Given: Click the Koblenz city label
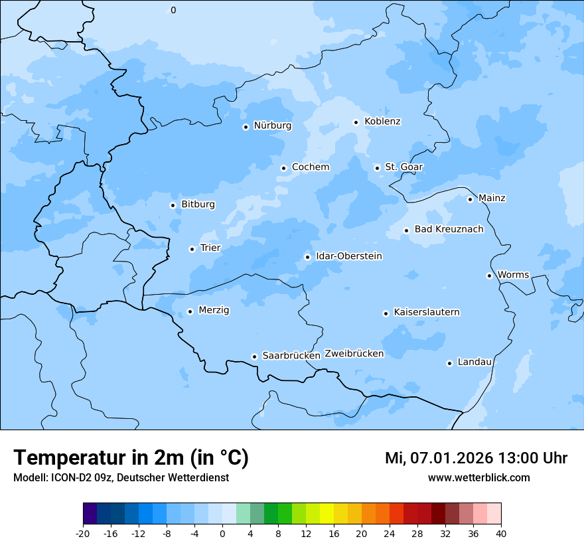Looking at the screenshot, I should (382, 121).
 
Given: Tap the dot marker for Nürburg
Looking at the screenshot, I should (246, 127).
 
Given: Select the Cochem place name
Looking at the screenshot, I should (311, 167).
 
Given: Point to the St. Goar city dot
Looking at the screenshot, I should (377, 168).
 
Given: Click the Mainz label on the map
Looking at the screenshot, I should (492, 198).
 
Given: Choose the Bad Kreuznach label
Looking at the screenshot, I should (449, 229).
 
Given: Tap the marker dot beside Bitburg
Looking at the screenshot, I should (173, 205).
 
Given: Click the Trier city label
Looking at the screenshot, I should (210, 248).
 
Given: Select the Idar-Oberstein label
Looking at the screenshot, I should (349, 256).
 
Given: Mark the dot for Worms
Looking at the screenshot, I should (489, 275).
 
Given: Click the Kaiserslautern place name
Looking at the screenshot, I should (427, 312).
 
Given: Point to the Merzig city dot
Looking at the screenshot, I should (190, 311).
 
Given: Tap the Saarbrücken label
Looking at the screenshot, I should (291, 356).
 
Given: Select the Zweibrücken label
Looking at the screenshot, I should (354, 354).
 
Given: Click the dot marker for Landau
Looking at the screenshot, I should (449, 363).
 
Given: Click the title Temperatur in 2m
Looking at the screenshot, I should (131, 457).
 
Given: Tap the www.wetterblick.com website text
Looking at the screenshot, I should (478, 477).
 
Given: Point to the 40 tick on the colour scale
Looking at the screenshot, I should (501, 534).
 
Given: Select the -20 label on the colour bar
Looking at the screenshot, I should (83, 534).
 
